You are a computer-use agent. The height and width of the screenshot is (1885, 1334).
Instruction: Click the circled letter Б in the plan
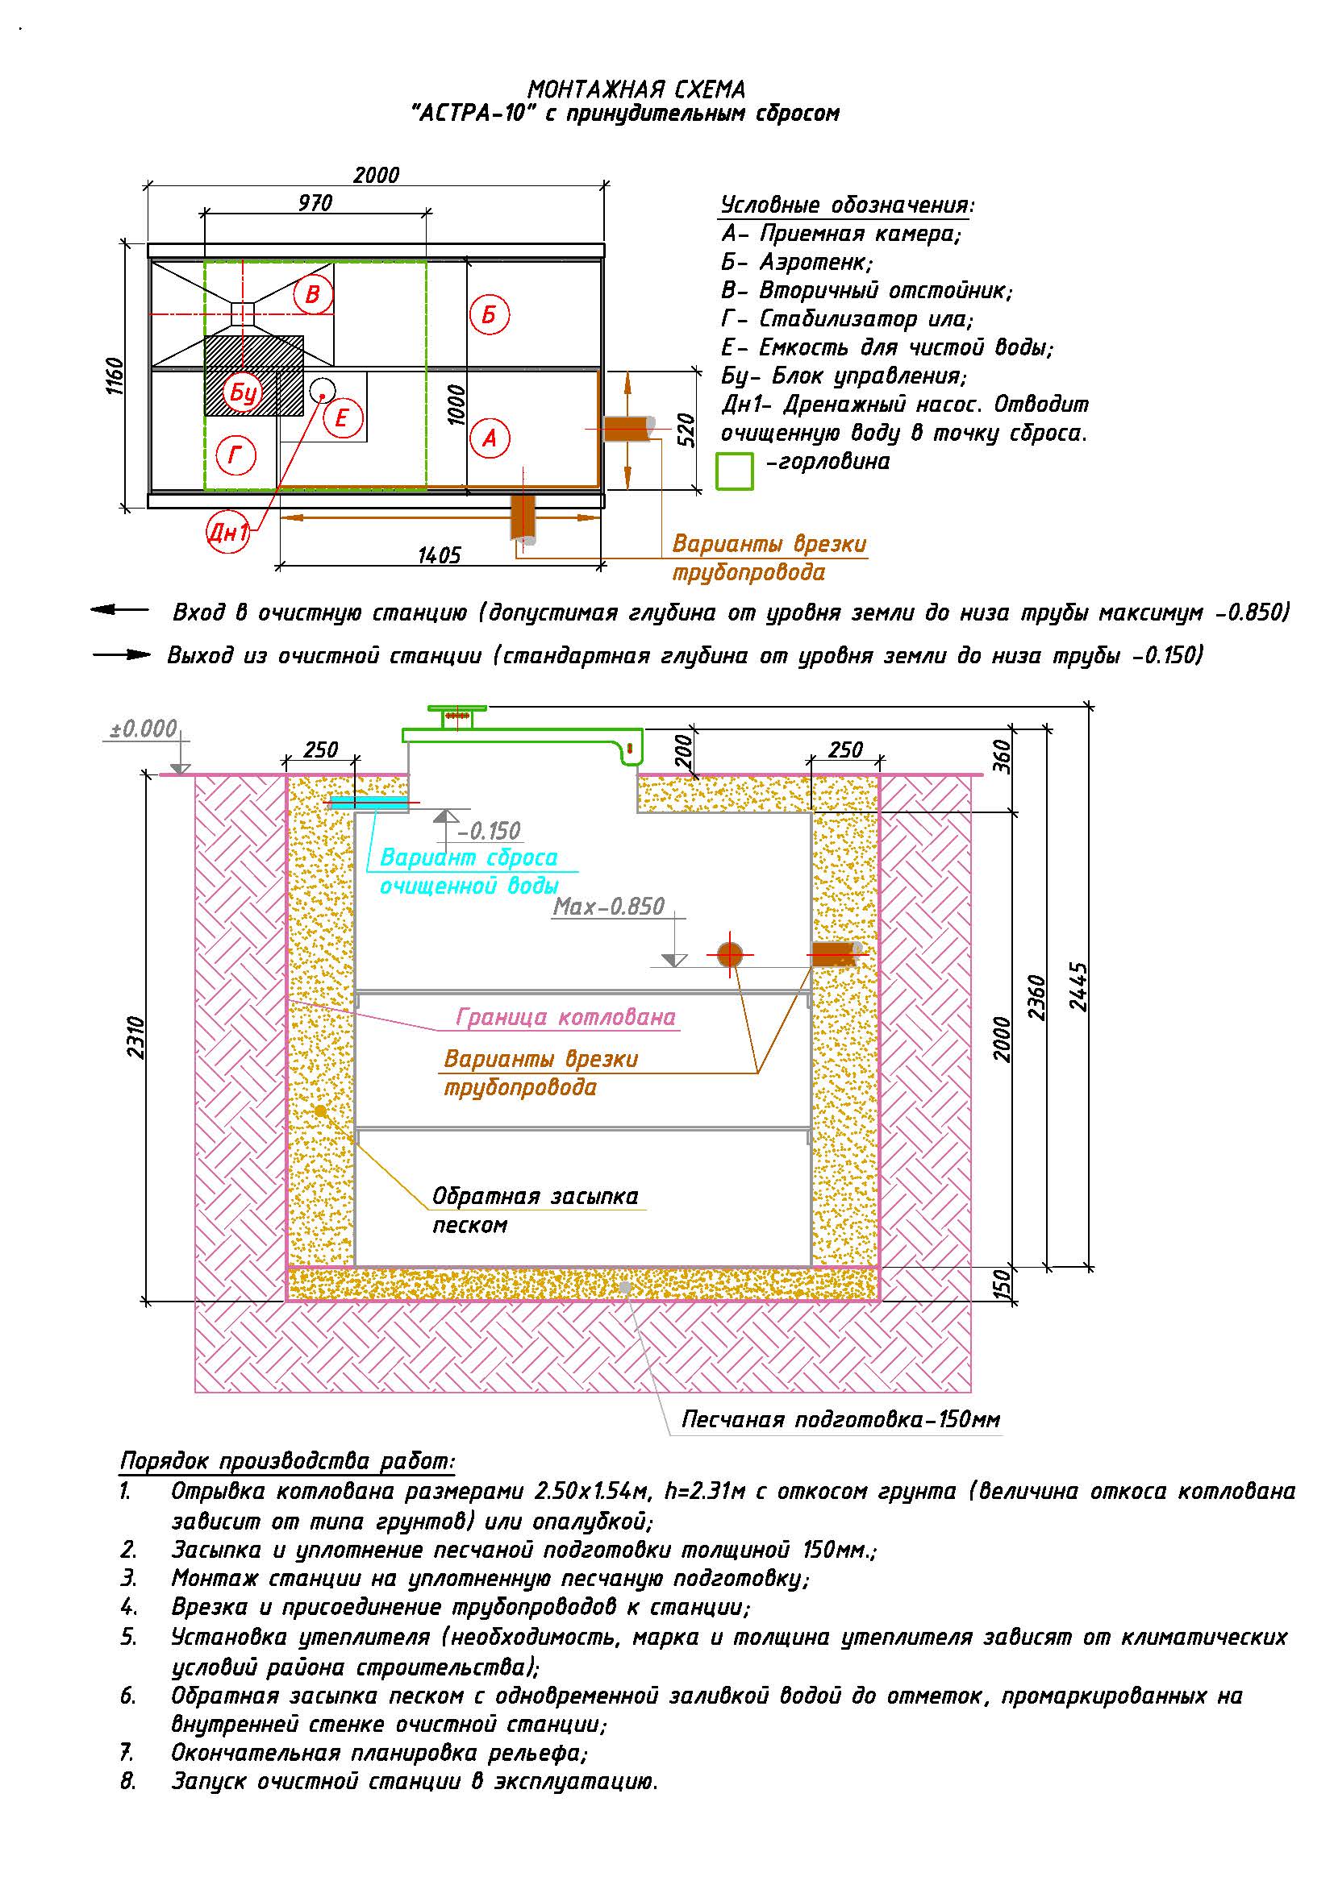[490, 314]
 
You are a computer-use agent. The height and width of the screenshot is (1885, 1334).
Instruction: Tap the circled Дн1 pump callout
[227, 533]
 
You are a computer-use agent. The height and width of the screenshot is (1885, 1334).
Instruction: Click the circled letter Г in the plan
[235, 454]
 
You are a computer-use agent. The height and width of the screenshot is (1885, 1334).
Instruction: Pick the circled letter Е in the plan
[342, 418]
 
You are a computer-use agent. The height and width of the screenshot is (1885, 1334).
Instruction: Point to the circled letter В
[313, 294]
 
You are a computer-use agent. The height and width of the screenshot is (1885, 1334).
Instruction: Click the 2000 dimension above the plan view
[376, 175]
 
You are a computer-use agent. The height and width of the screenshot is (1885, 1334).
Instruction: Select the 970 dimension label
[315, 202]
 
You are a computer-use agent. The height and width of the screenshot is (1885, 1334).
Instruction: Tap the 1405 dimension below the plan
[440, 556]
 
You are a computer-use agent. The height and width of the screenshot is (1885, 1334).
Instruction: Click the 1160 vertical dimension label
[115, 376]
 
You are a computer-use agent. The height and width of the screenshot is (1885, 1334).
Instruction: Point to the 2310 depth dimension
[136, 1038]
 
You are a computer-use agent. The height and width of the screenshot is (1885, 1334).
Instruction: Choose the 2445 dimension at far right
[1078, 988]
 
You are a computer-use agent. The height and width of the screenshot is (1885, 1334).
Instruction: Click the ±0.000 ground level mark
[144, 729]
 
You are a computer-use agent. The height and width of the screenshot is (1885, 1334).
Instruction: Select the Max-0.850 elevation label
[609, 907]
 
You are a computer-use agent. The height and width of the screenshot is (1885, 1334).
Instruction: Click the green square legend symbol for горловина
[736, 472]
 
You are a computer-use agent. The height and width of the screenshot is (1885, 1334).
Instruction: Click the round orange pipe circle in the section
[729, 955]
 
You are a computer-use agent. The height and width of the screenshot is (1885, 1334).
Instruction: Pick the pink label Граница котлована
[566, 1017]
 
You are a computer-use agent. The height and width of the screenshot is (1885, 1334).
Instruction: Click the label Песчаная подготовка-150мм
[841, 1419]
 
